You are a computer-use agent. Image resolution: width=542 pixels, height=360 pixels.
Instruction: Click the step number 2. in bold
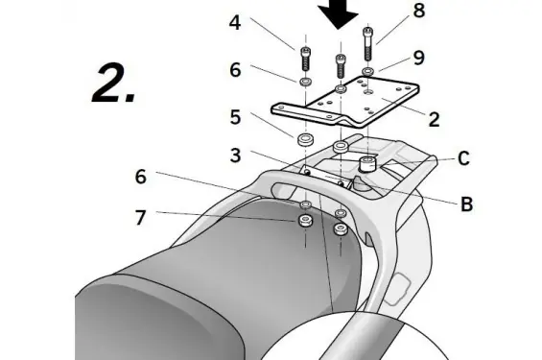click(x=114, y=84)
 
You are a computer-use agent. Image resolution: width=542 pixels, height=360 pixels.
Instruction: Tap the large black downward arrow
click(x=338, y=13)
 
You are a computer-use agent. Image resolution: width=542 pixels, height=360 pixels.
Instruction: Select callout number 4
click(x=235, y=23)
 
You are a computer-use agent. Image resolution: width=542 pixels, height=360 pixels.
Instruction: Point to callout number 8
click(x=419, y=11)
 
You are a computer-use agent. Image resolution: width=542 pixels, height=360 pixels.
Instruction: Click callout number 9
click(x=419, y=58)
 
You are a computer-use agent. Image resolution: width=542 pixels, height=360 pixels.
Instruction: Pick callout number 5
click(x=235, y=117)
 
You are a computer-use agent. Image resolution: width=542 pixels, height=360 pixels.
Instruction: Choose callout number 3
click(x=235, y=156)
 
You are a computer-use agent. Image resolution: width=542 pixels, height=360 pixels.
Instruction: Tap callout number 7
click(x=140, y=218)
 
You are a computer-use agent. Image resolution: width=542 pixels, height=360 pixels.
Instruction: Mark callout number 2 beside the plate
click(x=434, y=120)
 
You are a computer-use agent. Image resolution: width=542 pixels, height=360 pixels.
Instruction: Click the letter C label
click(x=463, y=158)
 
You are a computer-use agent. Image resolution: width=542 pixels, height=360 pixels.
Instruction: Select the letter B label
click(x=466, y=204)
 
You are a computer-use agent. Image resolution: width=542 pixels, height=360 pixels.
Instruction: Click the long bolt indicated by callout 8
click(x=367, y=44)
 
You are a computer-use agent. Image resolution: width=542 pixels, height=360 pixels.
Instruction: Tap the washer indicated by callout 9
click(x=368, y=72)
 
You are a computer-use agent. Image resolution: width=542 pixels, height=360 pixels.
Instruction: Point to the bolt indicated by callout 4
click(x=305, y=60)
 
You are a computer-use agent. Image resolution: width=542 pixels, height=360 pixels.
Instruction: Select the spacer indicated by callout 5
click(x=305, y=139)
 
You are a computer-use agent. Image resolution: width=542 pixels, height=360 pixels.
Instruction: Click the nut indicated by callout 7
click(x=305, y=220)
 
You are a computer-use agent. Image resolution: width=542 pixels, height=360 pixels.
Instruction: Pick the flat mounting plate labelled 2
click(x=345, y=103)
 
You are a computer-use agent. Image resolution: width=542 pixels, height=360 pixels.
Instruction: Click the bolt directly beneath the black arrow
click(x=341, y=66)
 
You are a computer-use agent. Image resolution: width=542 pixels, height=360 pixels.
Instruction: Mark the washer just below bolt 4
click(x=305, y=83)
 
